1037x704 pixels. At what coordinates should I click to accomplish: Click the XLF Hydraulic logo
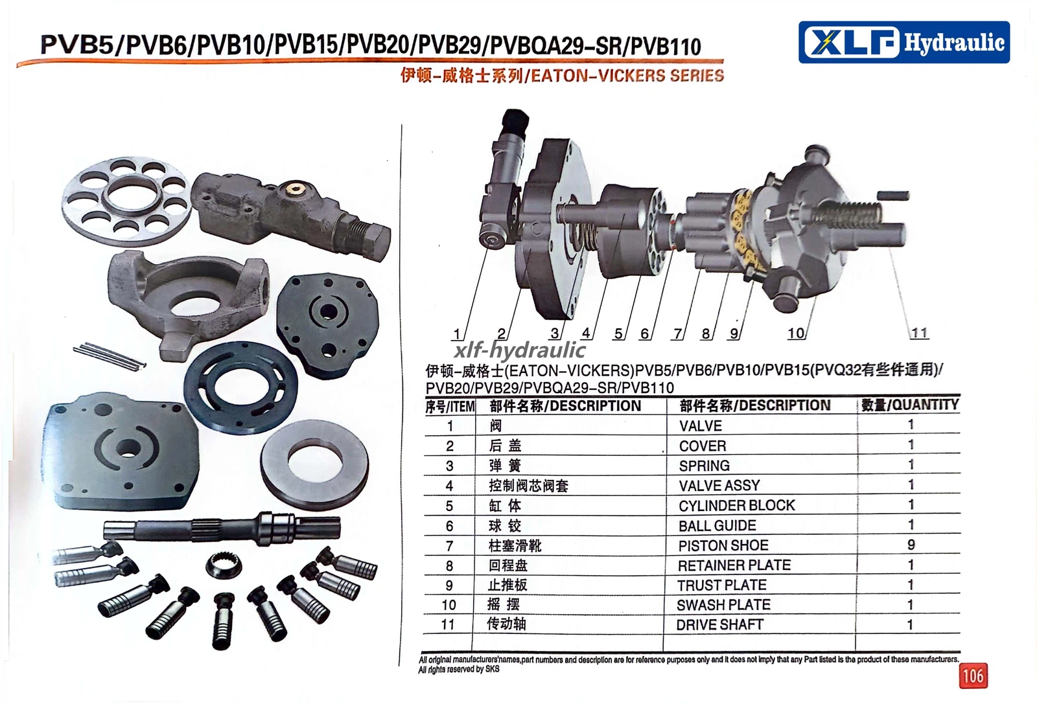(904, 42)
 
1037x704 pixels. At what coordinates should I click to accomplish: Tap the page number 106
(973, 676)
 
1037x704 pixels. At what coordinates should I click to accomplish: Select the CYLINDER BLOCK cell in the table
(736, 506)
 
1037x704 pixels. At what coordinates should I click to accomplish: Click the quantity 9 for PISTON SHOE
(911, 545)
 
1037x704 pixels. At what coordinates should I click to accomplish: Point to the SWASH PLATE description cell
(723, 605)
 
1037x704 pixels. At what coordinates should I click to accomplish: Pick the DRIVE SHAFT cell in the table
(719, 625)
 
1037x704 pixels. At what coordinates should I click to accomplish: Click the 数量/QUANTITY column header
(910, 405)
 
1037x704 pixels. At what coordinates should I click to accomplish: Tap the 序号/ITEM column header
(450, 407)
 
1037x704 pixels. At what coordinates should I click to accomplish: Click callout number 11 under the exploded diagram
(920, 333)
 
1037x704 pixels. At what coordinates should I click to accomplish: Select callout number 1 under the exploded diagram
(457, 334)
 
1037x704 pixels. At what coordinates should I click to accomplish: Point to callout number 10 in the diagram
(796, 333)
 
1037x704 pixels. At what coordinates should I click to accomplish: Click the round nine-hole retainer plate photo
(126, 201)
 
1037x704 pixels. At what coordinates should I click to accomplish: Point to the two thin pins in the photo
(110, 357)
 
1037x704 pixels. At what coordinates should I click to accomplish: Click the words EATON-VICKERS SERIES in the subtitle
(627, 75)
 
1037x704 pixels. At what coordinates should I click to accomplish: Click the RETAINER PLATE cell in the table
(734, 565)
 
